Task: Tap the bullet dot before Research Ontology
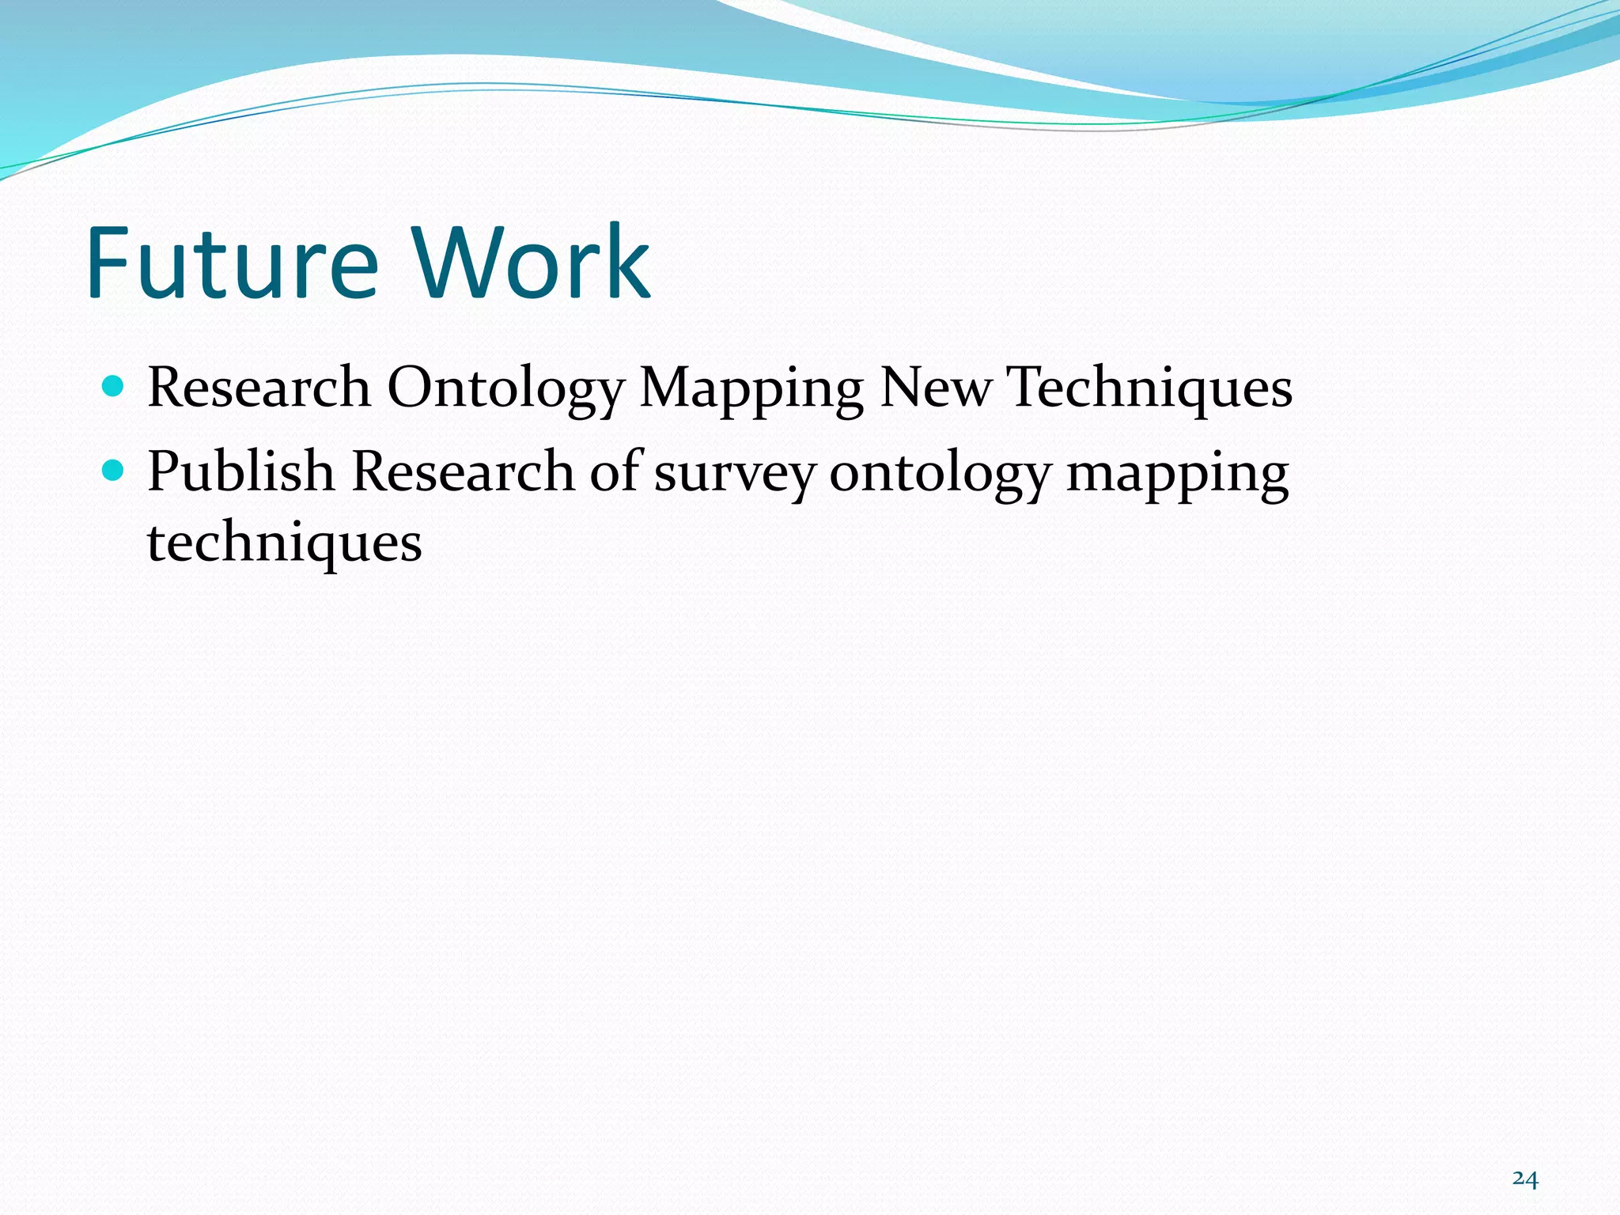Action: (x=114, y=387)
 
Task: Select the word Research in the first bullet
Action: (x=259, y=388)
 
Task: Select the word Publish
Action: (x=240, y=471)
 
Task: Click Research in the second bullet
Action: (x=463, y=471)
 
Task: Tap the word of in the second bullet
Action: (x=615, y=471)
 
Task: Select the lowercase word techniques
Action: (x=285, y=544)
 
